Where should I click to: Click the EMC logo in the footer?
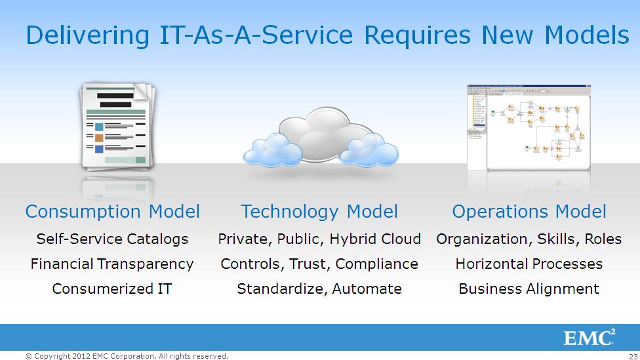[589, 338]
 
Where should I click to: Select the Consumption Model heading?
[112, 212]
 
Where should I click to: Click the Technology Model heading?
[319, 212]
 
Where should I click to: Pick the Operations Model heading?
[529, 212]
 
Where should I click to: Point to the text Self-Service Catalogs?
[112, 239]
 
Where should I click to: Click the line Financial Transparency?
[112, 264]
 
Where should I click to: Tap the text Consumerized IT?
[112, 289]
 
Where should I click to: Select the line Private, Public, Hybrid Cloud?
[319, 239]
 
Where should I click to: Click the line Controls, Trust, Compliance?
[319, 264]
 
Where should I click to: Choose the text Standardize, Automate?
[319, 289]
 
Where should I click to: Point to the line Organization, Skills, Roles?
[529, 239]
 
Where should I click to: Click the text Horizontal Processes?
[529, 264]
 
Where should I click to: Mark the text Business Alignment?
[529, 289]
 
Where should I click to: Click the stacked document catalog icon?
[116, 126]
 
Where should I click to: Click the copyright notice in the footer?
[127, 356]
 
